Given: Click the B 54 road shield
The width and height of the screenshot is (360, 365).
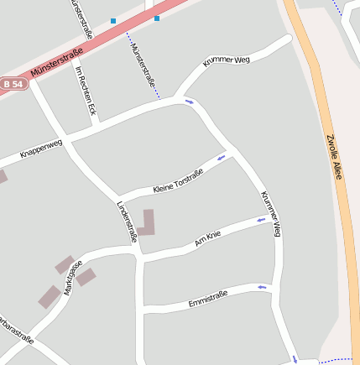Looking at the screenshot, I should pyautogui.click(x=13, y=85).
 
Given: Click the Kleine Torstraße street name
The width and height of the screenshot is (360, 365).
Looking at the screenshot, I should pyautogui.click(x=178, y=180).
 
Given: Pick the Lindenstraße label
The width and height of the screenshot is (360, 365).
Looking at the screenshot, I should pyautogui.click(x=127, y=221).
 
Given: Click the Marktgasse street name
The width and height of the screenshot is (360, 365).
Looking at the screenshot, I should pyautogui.click(x=71, y=274).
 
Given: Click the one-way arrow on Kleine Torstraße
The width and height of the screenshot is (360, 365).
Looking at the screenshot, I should pyautogui.click(x=222, y=157).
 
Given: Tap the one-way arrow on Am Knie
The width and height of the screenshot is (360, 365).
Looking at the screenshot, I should pyautogui.click(x=261, y=220).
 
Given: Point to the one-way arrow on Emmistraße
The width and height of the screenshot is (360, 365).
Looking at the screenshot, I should pyautogui.click(x=263, y=287).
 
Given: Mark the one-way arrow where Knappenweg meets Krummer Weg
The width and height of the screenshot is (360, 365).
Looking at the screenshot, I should pyautogui.click(x=190, y=102).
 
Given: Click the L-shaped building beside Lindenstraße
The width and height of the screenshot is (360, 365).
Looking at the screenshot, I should pyautogui.click(x=147, y=223).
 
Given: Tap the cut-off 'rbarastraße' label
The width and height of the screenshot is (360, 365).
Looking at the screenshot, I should pyautogui.click(x=17, y=330).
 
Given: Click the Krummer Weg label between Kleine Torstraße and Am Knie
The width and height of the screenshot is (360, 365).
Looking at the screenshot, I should pyautogui.click(x=270, y=213).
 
